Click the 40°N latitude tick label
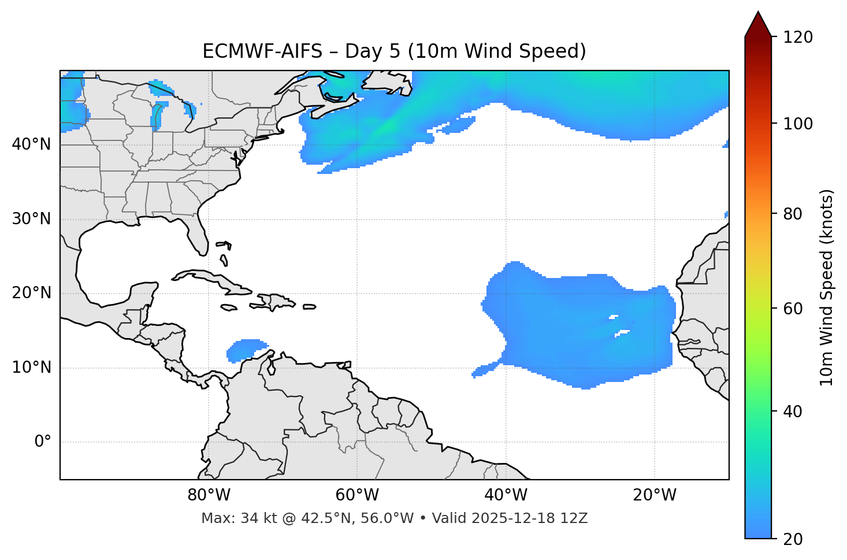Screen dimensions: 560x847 pyautogui.click(x=31, y=144)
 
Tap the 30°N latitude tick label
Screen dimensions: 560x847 pyautogui.click(x=31, y=219)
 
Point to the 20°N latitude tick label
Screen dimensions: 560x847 pyautogui.click(x=31, y=293)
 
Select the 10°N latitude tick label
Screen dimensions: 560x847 pyautogui.click(x=31, y=368)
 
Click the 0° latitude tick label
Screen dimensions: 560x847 pyautogui.click(x=43, y=442)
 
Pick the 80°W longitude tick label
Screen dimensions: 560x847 pyautogui.click(x=209, y=495)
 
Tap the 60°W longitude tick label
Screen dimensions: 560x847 pyautogui.click(x=357, y=495)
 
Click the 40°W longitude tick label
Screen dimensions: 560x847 pyautogui.click(x=506, y=495)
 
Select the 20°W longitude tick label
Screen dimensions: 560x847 pyautogui.click(x=655, y=495)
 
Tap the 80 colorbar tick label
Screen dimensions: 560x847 pyautogui.click(x=792, y=214)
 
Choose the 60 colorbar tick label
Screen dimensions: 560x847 pyautogui.click(x=792, y=309)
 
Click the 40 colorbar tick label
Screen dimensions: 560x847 pyautogui.click(x=792, y=411)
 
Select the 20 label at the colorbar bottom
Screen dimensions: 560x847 pyautogui.click(x=792, y=539)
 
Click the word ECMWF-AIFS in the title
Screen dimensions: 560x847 pyautogui.click(x=262, y=51)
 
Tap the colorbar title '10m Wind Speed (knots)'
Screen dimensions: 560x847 pyautogui.click(x=827, y=287)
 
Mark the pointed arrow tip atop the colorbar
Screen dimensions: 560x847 pyautogui.click(x=758, y=13)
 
